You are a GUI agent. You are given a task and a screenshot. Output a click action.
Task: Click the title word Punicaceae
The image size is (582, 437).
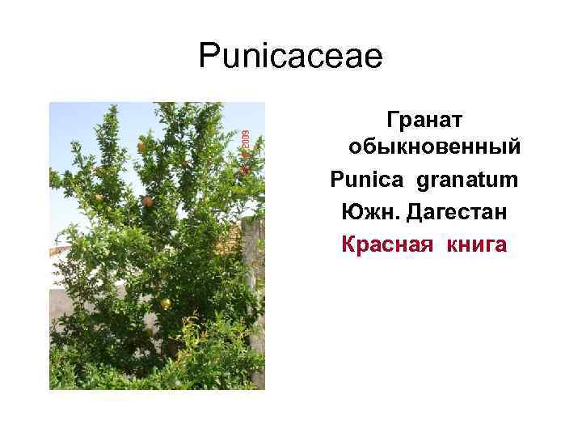290,57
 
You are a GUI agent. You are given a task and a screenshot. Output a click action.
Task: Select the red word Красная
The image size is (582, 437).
386,243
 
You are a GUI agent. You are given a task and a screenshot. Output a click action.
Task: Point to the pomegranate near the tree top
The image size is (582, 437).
141,147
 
